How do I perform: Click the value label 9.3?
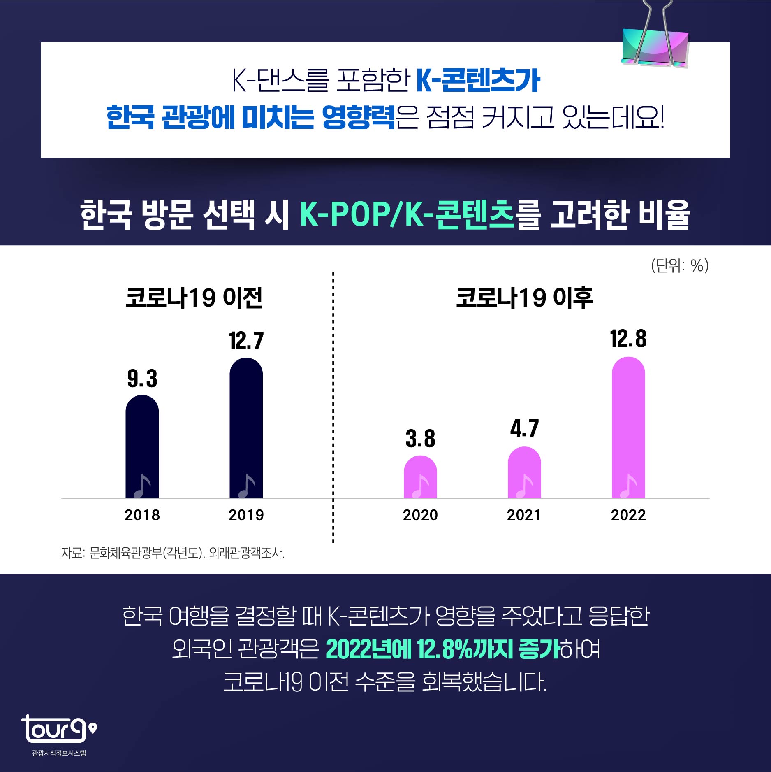142,379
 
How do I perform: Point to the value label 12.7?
246,341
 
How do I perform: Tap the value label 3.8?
420,439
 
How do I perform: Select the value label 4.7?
524,429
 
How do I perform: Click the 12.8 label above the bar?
628,339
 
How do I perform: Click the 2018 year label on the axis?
142,515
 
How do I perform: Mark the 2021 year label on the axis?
524,515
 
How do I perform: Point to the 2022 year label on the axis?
628,515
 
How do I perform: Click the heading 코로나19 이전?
194,298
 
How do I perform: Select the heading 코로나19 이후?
524,298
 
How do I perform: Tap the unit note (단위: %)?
680,266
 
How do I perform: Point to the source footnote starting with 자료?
173,553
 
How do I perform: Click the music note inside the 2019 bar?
247,486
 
